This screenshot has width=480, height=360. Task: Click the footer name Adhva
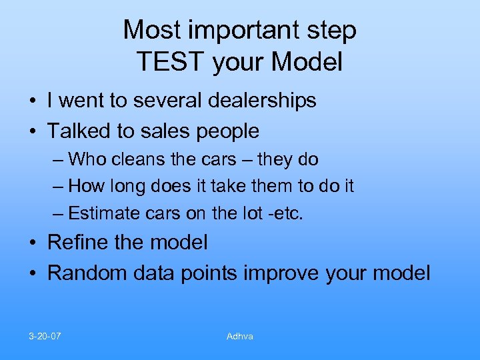(239, 336)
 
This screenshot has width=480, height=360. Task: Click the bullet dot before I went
(33, 101)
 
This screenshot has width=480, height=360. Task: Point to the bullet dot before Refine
(33, 243)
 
